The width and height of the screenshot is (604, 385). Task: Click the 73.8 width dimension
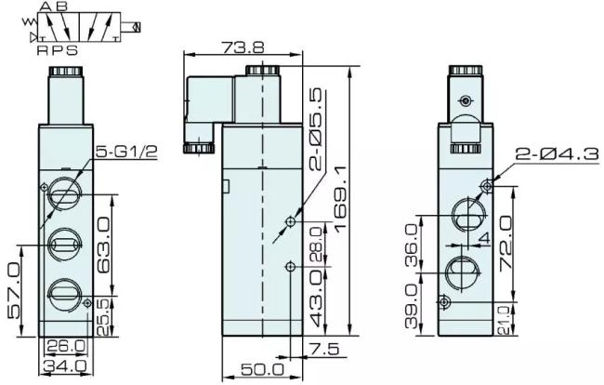pyautogui.click(x=243, y=47)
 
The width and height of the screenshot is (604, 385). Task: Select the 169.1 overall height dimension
pyautogui.click(x=341, y=200)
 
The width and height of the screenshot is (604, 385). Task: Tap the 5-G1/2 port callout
pyautogui.click(x=126, y=152)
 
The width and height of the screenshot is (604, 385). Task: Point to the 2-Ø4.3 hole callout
pyautogui.click(x=558, y=154)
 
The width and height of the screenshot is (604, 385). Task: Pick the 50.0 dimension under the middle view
pyautogui.click(x=262, y=369)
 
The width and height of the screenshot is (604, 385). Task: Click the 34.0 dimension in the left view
pyautogui.click(x=65, y=365)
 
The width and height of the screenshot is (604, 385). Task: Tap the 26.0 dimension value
pyautogui.click(x=65, y=346)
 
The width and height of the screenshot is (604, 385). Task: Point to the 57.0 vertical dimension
pyautogui.click(x=14, y=290)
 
